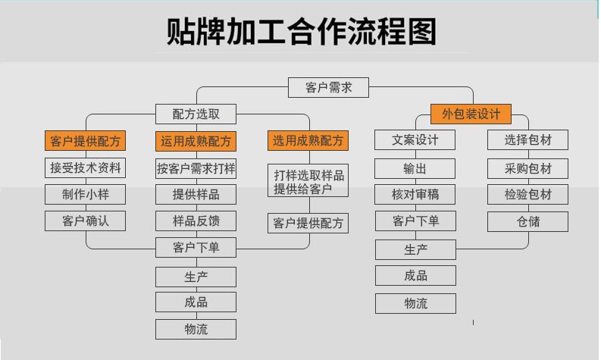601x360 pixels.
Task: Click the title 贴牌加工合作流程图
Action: tap(302, 31)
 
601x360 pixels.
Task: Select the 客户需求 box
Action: tap(328, 87)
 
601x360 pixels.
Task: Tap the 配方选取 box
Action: tap(196, 114)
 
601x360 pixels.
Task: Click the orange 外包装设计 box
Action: tap(471, 114)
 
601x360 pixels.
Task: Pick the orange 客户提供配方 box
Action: tap(85, 141)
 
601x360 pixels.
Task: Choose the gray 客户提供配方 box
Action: tap(308, 223)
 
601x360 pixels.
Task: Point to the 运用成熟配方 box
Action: tap(196, 141)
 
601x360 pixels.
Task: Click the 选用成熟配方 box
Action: tap(308, 140)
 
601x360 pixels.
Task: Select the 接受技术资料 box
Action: tap(85, 168)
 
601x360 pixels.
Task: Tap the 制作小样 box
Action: tap(85, 194)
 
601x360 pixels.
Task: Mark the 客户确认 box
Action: tap(85, 221)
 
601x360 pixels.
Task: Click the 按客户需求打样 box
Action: tap(196, 168)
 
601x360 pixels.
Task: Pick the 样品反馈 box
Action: tap(196, 221)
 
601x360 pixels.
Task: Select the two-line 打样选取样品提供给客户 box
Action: tap(308, 180)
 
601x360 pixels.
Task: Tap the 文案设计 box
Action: tap(415, 140)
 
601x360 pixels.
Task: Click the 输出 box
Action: tap(415, 168)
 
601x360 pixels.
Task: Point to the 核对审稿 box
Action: tap(415, 194)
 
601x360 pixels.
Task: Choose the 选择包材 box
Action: tap(527, 140)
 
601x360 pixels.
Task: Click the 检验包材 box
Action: tap(527, 194)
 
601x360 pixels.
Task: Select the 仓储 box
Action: tap(527, 221)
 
